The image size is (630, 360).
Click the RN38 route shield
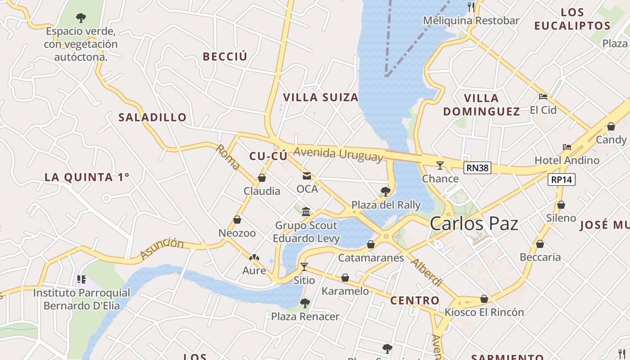click(477, 168)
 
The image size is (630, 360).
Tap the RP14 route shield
click(562, 180)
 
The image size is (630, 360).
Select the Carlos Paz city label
click(473, 224)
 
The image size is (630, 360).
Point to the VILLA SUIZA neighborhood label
click(320, 97)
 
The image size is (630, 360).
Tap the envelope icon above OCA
click(307, 176)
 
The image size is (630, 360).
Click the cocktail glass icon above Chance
click(440, 165)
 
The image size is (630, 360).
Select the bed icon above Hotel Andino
click(567, 147)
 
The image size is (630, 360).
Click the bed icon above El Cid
click(543, 96)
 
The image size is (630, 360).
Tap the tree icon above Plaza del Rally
click(385, 192)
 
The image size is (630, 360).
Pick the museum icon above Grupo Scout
click(306, 211)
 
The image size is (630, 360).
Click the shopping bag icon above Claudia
click(261, 178)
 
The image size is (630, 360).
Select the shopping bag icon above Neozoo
click(237, 220)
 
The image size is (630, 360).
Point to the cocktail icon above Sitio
click(304, 267)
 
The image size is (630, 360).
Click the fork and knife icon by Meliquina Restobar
click(471, 7)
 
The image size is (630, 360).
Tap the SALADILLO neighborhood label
click(152, 117)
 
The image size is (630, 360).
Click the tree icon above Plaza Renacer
click(305, 303)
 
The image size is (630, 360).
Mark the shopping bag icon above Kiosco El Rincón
click(484, 299)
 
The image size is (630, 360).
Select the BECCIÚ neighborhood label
click(225, 57)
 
